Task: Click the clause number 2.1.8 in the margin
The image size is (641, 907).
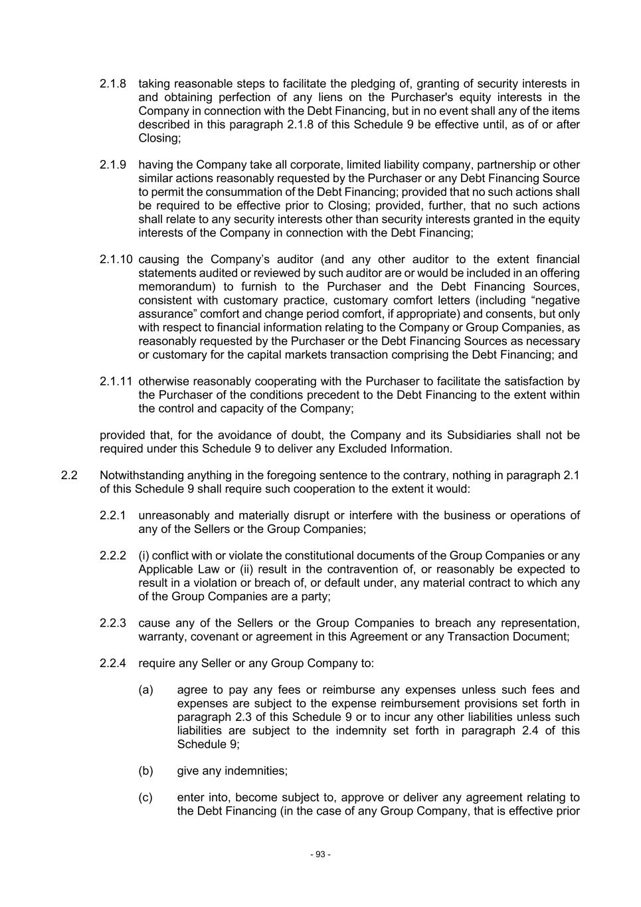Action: [x=112, y=84]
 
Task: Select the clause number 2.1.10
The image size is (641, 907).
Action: [x=116, y=259]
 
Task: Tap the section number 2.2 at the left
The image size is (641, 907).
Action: [x=69, y=475]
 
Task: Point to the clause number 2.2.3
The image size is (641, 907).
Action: [x=112, y=623]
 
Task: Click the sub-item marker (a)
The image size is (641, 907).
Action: [x=145, y=690]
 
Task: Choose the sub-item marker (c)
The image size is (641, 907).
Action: [x=145, y=797]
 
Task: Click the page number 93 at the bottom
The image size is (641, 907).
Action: [x=320, y=855]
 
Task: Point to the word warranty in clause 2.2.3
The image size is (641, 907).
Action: [x=160, y=637]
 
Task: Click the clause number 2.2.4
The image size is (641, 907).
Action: [x=112, y=663]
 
